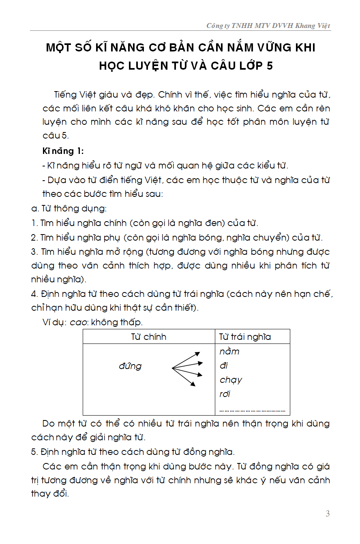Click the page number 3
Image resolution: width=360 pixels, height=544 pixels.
tap(328, 514)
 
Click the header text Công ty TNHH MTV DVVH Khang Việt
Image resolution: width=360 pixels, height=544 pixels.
tap(268, 26)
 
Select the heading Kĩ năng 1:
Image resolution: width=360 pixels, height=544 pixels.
tap(63, 151)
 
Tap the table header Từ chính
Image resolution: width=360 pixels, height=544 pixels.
tap(148, 337)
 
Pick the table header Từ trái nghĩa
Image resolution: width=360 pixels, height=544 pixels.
tap(245, 337)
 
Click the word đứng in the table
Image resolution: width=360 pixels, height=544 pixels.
tap(130, 366)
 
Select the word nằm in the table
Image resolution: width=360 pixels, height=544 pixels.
tap(229, 352)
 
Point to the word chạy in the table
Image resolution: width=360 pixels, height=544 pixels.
tap(231, 380)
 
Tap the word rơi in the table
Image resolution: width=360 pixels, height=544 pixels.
tap(225, 394)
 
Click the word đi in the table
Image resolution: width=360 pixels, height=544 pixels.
tap(224, 366)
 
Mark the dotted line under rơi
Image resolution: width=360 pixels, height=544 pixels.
tap(252, 410)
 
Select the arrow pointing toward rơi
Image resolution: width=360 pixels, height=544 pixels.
tap(184, 377)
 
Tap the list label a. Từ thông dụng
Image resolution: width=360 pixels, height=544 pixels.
tap(69, 209)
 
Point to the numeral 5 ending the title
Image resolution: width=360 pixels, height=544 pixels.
tap(270, 66)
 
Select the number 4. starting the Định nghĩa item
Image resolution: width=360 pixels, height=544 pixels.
tap(34, 294)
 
